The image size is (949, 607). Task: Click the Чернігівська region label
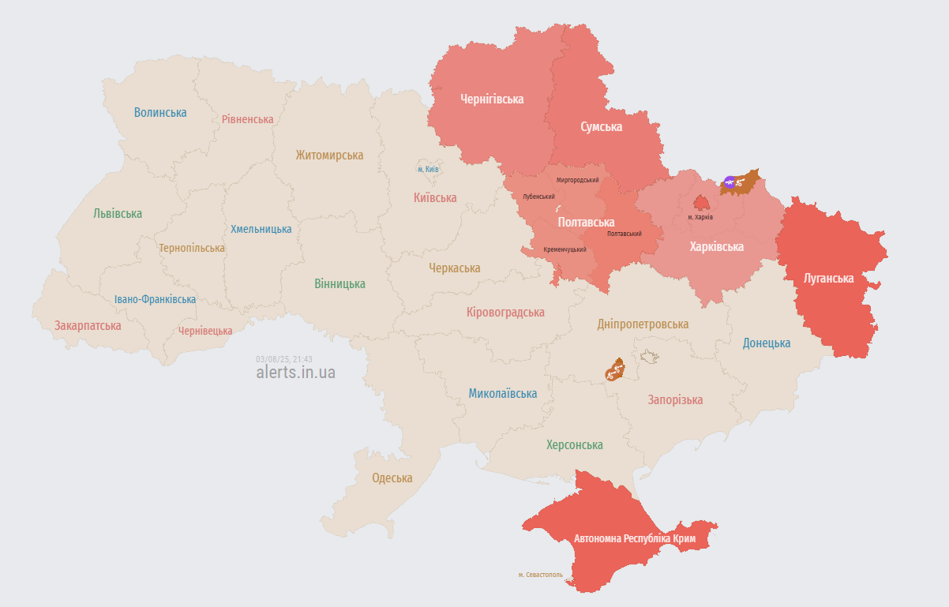pos(492,99)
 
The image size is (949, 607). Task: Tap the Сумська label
pos(601,126)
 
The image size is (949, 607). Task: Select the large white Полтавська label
pos(586,223)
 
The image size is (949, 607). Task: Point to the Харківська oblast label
pos(716,247)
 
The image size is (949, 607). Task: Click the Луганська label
pos(828,279)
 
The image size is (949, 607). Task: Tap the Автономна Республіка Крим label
pos(635,539)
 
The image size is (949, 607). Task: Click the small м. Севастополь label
pos(541,575)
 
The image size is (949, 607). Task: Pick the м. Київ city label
pos(429,169)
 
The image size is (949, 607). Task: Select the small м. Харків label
pos(700,217)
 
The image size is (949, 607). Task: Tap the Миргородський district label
pos(577,180)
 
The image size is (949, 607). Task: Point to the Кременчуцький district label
pos(565,249)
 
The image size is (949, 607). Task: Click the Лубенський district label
pos(538,197)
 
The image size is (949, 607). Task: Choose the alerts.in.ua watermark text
pos(295,373)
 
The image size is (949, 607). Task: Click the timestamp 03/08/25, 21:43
pos(284,358)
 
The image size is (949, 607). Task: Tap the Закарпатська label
pos(88,325)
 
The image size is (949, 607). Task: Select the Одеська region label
pos(392,478)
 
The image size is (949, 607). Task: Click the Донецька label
pos(766,343)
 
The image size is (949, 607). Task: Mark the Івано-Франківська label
pos(155,299)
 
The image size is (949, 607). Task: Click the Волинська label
pos(160,112)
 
